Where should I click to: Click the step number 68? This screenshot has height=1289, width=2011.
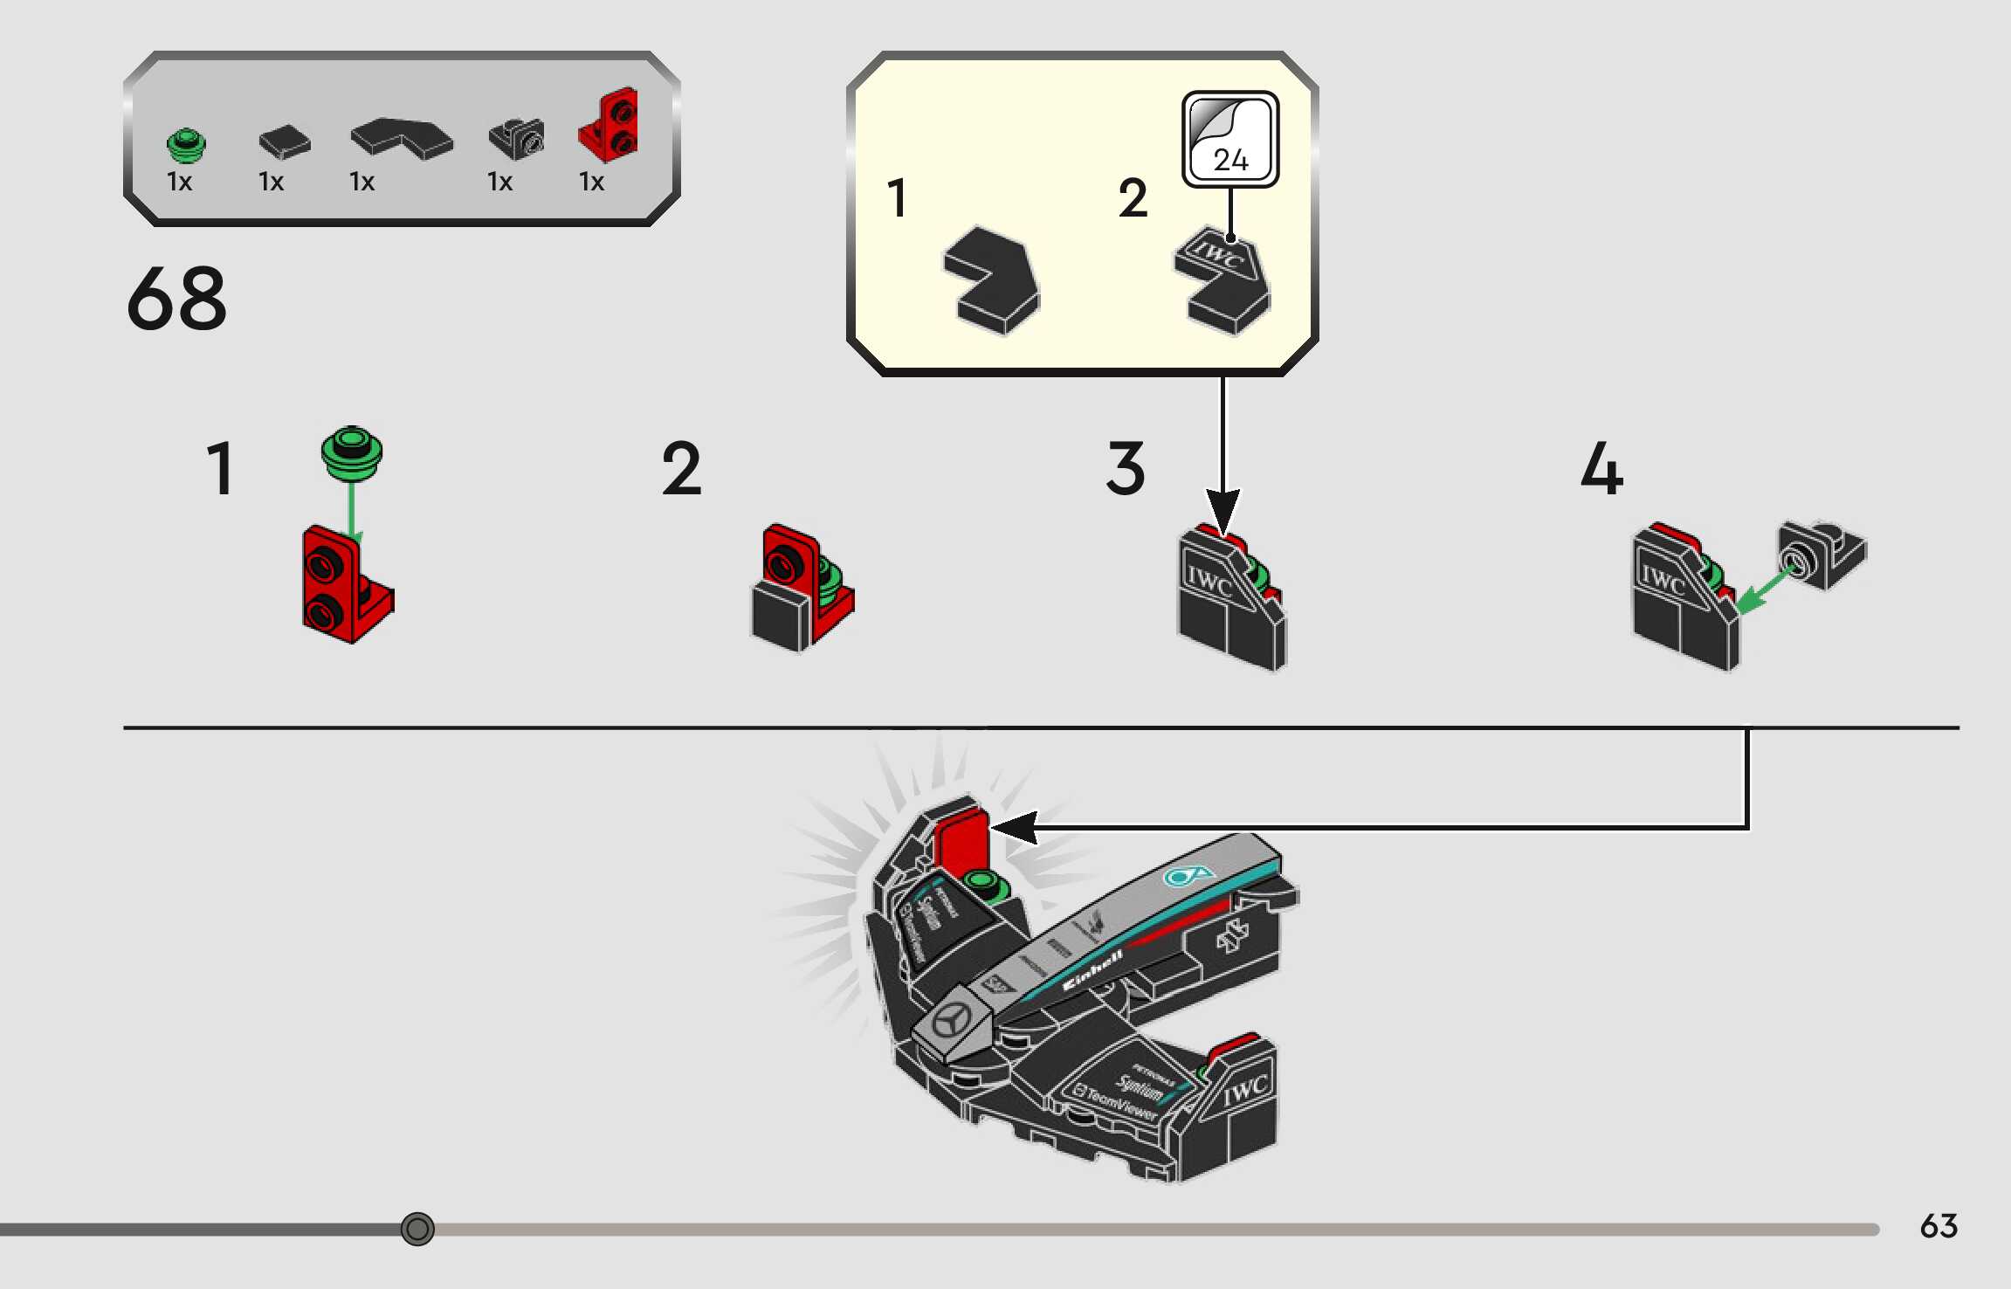tap(176, 299)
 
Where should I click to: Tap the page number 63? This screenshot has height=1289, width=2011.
tap(1938, 1226)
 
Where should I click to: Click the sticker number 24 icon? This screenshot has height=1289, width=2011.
tap(1230, 140)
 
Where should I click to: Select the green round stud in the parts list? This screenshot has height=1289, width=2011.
tap(186, 145)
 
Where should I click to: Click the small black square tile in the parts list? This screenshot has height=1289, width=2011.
tap(285, 142)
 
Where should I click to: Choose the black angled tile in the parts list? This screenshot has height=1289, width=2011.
tap(402, 138)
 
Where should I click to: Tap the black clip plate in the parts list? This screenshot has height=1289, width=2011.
tap(516, 138)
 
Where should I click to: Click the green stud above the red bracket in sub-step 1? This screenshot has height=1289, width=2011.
tap(351, 452)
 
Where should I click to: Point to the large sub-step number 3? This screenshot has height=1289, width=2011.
tap(1126, 469)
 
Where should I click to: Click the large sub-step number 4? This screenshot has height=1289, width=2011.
tap(1601, 469)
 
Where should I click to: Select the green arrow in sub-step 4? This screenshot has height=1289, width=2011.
tap(1764, 589)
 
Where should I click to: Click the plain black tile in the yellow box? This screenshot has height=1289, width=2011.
tap(993, 279)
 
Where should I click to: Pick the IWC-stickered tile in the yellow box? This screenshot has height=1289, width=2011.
tap(1222, 279)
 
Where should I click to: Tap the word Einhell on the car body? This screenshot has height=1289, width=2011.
tap(1092, 969)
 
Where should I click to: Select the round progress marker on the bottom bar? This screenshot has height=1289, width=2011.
tap(417, 1229)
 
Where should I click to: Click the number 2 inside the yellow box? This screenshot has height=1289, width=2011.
tap(1133, 198)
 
